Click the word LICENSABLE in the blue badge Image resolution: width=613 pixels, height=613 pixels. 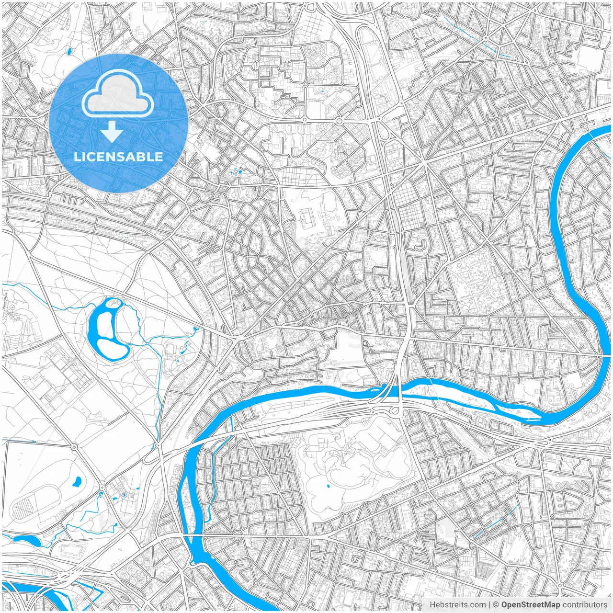[x=118, y=157]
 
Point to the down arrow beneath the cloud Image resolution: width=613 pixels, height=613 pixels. [x=112, y=131]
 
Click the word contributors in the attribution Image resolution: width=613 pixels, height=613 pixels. [x=585, y=605]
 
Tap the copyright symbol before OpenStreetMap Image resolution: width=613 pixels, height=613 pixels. [x=496, y=605]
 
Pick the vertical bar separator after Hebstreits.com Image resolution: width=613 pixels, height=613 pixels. [x=489, y=605]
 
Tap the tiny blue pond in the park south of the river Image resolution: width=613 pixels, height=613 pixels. [x=328, y=487]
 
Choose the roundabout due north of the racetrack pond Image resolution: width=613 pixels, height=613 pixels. [x=75, y=447]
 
